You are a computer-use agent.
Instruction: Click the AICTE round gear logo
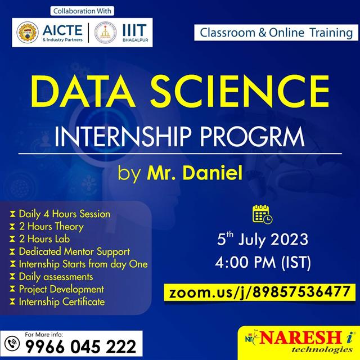[28, 33]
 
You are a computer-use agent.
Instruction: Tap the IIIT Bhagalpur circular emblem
[105, 33]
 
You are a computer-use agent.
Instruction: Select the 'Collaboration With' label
[82, 11]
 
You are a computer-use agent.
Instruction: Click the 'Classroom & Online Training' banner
[276, 33]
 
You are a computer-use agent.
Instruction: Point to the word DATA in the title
[83, 91]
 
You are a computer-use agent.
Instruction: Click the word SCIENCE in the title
[240, 91]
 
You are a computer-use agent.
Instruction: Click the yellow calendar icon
[262, 214]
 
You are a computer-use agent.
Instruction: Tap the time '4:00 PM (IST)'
[263, 262]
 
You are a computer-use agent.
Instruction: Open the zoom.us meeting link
[260, 292]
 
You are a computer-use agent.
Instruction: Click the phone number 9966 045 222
[80, 346]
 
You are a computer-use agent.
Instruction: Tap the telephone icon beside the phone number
[12, 344]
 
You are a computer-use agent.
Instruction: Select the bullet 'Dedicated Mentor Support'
[74, 251]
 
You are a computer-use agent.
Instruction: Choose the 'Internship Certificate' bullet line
[62, 301]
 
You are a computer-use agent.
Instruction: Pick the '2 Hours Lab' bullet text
[44, 239]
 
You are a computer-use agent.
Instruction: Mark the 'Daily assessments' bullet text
[56, 277]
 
